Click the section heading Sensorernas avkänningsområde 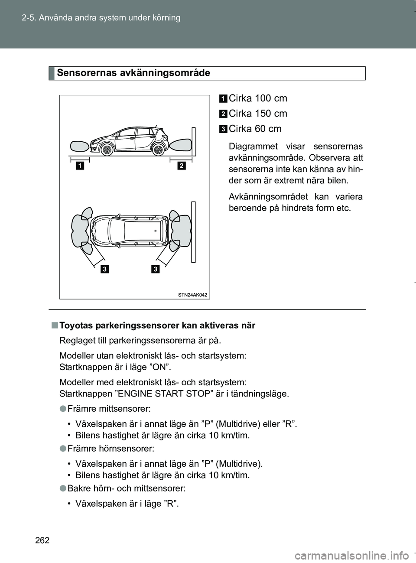[x=133, y=73]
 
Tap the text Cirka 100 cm [x=258, y=98]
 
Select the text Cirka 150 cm [x=258, y=114]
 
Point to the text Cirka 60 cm [x=255, y=129]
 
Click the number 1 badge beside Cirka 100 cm [x=223, y=99]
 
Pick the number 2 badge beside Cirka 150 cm [x=223, y=114]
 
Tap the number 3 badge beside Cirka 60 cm [x=223, y=129]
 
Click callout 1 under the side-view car [x=80, y=165]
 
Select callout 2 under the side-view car [x=181, y=165]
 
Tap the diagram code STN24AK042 [x=192, y=295]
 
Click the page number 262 [x=42, y=540]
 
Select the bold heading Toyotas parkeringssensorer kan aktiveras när [x=157, y=325]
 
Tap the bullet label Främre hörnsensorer [x=110, y=449]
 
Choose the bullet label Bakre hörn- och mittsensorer [x=127, y=488]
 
